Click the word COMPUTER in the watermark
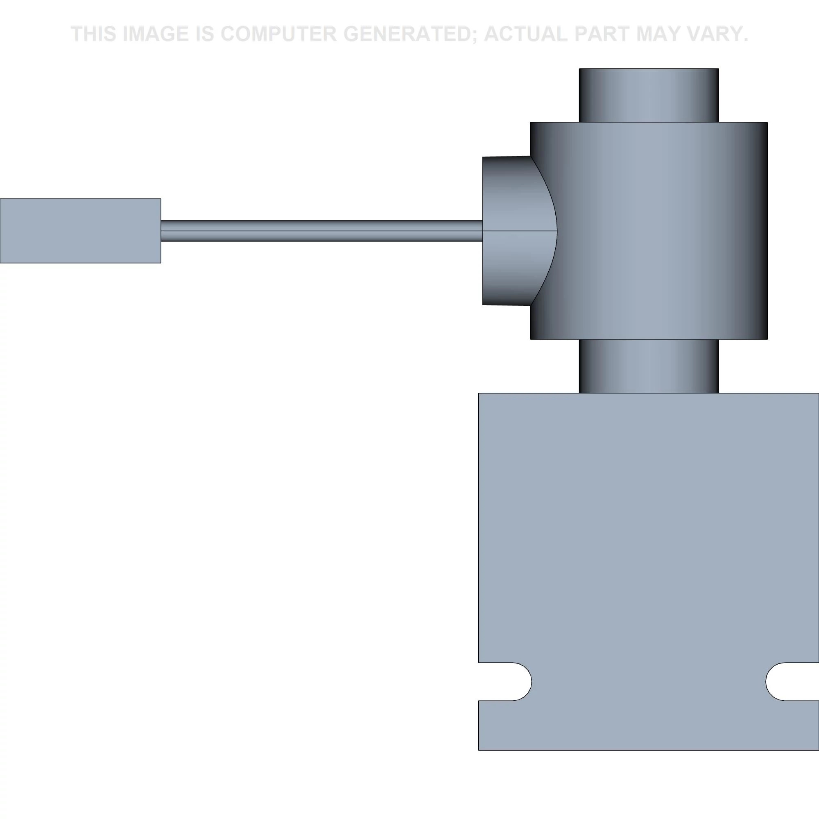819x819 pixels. [x=278, y=34]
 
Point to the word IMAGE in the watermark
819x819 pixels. [x=155, y=34]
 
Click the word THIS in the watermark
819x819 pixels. [x=94, y=34]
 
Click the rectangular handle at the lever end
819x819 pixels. [x=80, y=231]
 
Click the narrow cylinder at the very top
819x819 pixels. [x=649, y=95]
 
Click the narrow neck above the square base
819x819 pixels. [x=649, y=366]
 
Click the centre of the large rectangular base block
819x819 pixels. [x=649, y=568]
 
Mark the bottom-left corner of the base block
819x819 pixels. [x=479, y=749]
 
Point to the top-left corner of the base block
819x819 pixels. [x=479, y=394]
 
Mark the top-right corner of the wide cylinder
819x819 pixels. [x=767, y=123]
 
